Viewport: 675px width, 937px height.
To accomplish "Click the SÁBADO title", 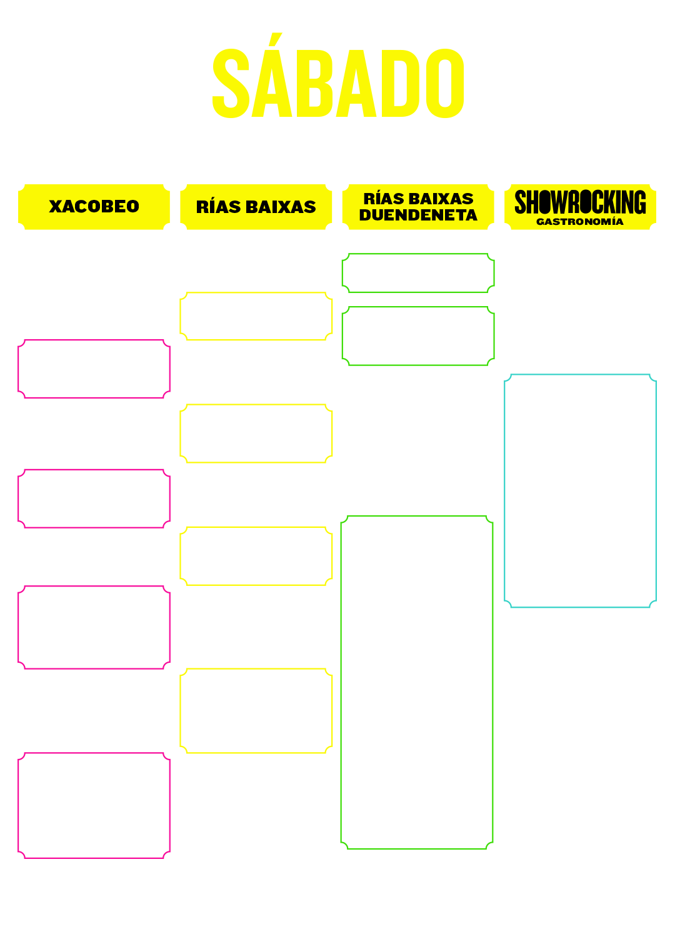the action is click(337, 76).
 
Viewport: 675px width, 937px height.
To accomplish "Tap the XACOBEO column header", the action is click(94, 207).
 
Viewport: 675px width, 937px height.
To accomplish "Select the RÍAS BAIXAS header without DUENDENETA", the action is click(256, 207).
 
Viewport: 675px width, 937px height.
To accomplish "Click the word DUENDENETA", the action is click(417, 215).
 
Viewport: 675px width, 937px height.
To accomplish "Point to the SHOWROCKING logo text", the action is click(580, 202).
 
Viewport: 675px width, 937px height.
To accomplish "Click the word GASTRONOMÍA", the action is click(579, 222).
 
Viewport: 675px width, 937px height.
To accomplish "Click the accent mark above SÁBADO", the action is click(276, 39).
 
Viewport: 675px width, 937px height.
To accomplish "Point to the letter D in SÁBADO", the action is click(401, 83).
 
